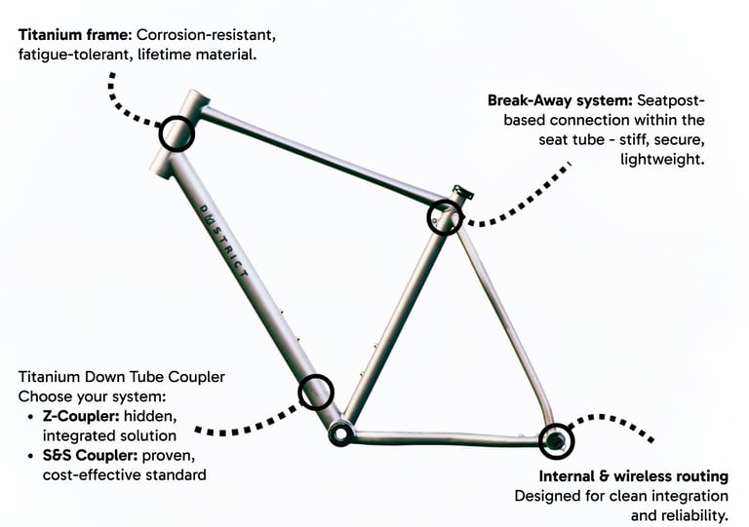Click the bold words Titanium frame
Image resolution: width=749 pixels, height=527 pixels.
click(74, 35)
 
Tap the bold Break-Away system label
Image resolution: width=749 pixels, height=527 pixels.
click(559, 99)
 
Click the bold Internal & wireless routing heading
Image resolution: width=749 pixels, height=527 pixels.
click(634, 476)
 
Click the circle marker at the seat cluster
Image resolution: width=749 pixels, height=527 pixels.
click(445, 216)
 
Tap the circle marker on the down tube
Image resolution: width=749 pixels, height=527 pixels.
click(315, 392)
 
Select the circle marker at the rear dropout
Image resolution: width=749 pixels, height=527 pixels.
click(557, 441)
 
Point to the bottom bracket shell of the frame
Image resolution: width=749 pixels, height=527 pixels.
click(340, 433)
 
